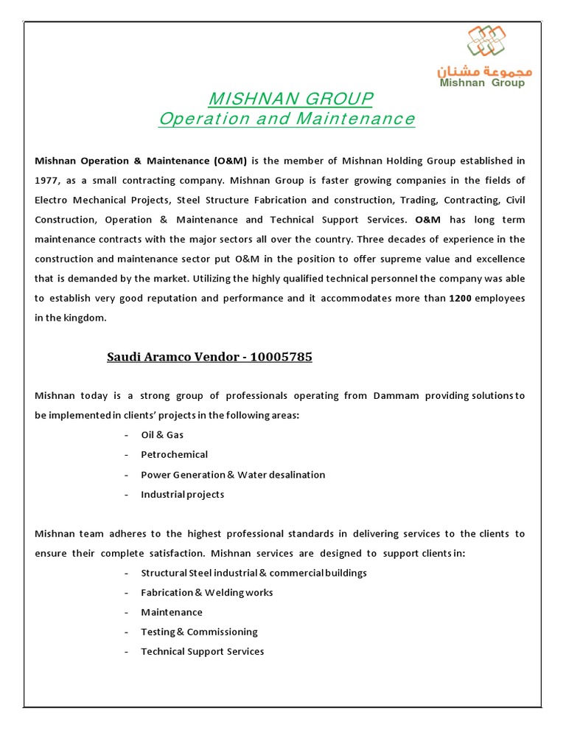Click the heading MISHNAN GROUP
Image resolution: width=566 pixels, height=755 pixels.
click(x=291, y=99)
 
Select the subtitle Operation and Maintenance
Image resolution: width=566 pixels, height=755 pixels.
click(x=287, y=119)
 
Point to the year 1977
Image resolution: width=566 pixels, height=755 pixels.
click(x=46, y=180)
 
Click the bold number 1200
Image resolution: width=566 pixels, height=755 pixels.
click(x=461, y=299)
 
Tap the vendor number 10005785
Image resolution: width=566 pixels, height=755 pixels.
click(x=281, y=358)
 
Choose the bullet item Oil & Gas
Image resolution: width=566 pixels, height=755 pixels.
click(x=162, y=435)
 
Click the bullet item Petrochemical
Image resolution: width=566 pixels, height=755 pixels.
click(x=174, y=455)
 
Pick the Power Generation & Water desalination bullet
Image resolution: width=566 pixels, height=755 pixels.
click(x=233, y=475)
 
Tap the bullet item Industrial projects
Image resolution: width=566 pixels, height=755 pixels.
click(x=183, y=495)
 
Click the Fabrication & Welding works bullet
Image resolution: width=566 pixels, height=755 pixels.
click(x=207, y=593)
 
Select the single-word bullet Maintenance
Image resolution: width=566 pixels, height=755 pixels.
click(x=172, y=613)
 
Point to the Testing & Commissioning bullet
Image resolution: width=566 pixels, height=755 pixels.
click(x=199, y=632)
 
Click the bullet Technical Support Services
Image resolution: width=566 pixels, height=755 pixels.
click(x=202, y=652)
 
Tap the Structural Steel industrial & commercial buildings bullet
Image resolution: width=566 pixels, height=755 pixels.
click(x=254, y=573)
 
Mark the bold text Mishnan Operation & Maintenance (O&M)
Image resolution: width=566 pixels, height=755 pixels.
click(x=141, y=160)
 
